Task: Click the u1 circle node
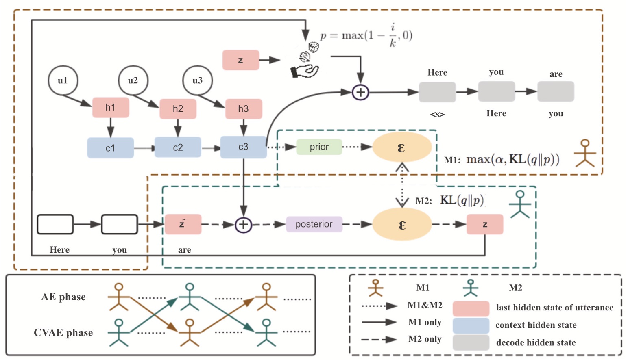click(x=63, y=80)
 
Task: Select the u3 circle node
click(x=197, y=80)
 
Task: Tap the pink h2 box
click(x=178, y=108)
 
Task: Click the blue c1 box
click(x=110, y=148)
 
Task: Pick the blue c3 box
click(x=243, y=147)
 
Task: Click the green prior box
click(x=319, y=147)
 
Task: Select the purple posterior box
click(x=314, y=224)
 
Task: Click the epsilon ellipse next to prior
click(x=401, y=147)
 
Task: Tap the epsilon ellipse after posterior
click(x=402, y=225)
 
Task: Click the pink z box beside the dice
click(x=240, y=60)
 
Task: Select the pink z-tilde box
click(x=183, y=225)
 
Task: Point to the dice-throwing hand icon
click(x=305, y=61)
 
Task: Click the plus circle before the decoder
click(x=360, y=92)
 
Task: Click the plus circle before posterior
click(x=243, y=225)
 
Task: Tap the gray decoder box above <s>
click(x=437, y=92)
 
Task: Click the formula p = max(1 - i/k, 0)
click(x=366, y=36)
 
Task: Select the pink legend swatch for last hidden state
click(x=471, y=308)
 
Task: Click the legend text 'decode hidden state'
click(x=536, y=342)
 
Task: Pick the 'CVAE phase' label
click(x=63, y=333)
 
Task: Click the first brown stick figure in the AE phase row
click(x=118, y=297)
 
